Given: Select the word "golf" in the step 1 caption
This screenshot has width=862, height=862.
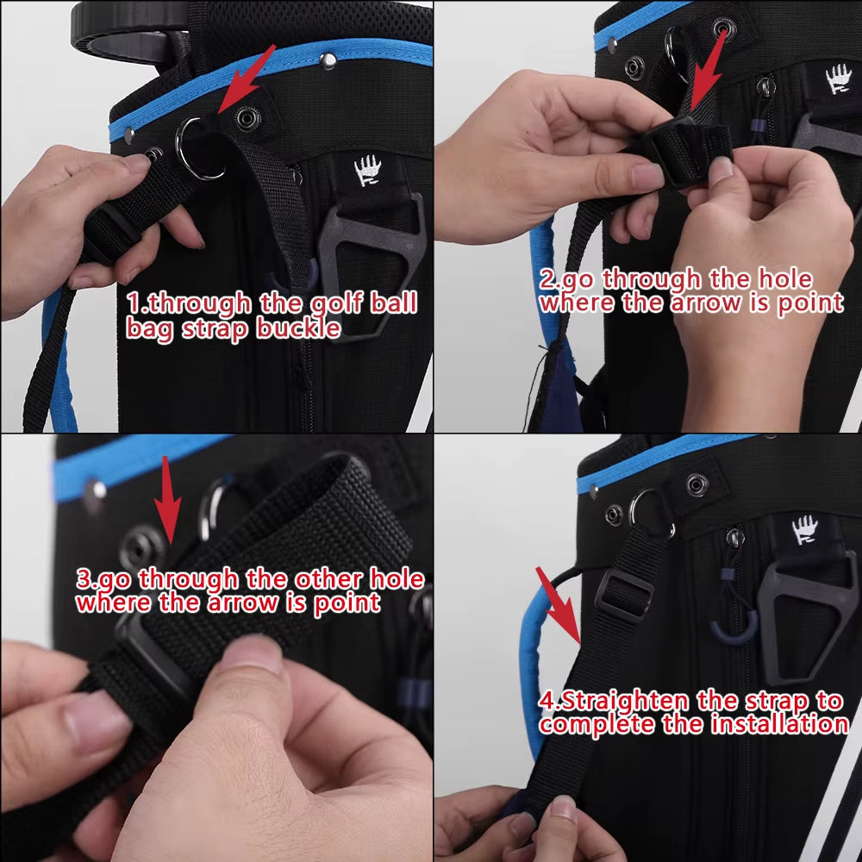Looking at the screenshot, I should coord(309,303).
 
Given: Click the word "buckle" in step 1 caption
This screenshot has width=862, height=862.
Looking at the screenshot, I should coord(297,328).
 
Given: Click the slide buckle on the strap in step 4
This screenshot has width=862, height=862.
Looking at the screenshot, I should coord(619,595).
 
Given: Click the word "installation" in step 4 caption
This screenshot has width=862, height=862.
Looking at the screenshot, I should coord(779,725).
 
